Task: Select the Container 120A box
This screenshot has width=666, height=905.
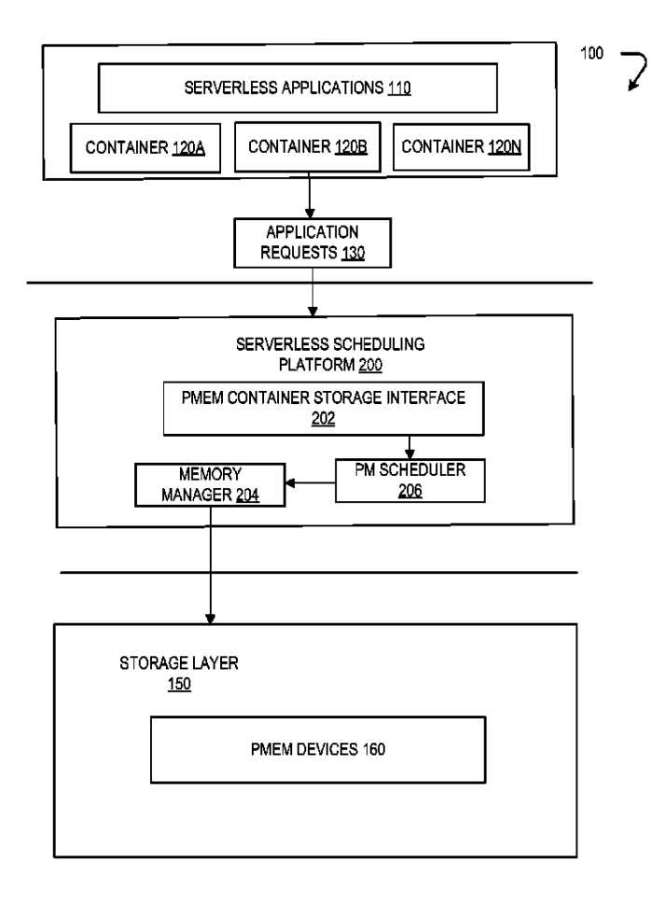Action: (x=145, y=146)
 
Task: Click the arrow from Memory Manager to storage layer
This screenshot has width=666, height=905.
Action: (x=211, y=564)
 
